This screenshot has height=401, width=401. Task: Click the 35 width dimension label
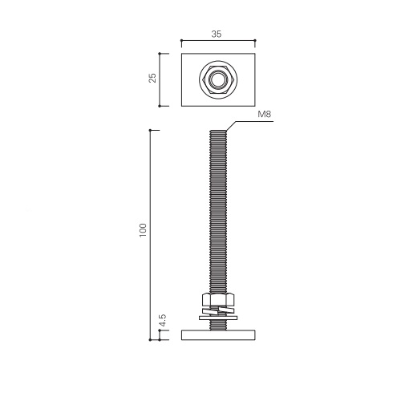pyautogui.click(x=217, y=34)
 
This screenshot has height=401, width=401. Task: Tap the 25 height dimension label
pyautogui.click(x=152, y=78)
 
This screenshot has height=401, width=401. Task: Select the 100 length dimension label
pyautogui.click(x=143, y=230)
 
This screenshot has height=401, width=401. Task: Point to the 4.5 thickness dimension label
pyautogui.click(x=162, y=320)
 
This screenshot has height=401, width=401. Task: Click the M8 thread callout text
pyautogui.click(x=264, y=114)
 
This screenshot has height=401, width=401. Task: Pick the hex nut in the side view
pyautogui.click(x=218, y=299)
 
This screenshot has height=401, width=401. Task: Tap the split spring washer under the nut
pyautogui.click(x=218, y=310)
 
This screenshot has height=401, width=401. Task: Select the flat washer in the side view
pyautogui.click(x=218, y=318)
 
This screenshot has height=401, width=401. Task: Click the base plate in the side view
pyautogui.click(x=218, y=335)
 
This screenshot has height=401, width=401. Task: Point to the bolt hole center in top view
pyautogui.click(x=218, y=79)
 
